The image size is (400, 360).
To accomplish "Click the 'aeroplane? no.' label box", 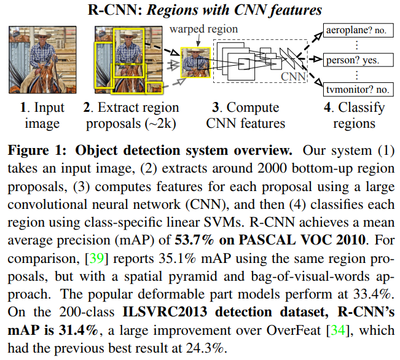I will (357, 30).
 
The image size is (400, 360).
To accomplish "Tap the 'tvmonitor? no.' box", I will (357, 90).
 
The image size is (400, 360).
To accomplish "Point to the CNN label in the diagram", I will (293, 76).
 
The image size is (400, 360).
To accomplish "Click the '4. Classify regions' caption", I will (355, 115).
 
